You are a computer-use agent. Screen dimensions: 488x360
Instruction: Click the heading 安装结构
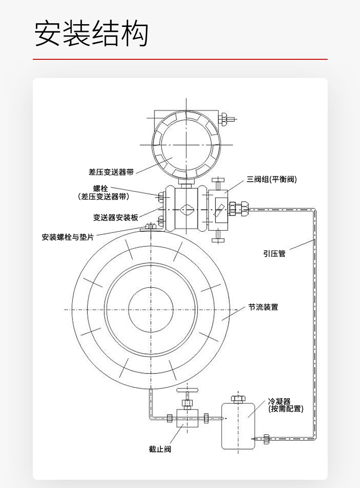pyautogui.click(x=92, y=33)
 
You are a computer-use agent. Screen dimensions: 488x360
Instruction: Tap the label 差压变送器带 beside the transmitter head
pyautogui.click(x=111, y=172)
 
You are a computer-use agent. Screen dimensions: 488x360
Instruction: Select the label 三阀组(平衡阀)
pyautogui.click(x=272, y=179)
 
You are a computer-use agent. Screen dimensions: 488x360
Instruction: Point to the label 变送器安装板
pyautogui.click(x=116, y=218)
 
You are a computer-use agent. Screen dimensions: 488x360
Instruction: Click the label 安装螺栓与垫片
pyautogui.click(x=68, y=237)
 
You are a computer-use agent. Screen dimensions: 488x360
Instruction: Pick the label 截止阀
pyautogui.click(x=160, y=449)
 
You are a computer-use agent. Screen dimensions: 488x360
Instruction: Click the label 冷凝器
pyautogui.click(x=279, y=401)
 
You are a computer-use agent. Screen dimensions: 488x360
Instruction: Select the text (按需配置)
pyautogui.click(x=286, y=409)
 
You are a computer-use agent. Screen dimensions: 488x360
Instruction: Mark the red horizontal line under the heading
pyautogui.click(x=180, y=59)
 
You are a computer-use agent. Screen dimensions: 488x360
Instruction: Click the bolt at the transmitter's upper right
pyautogui.click(x=226, y=119)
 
